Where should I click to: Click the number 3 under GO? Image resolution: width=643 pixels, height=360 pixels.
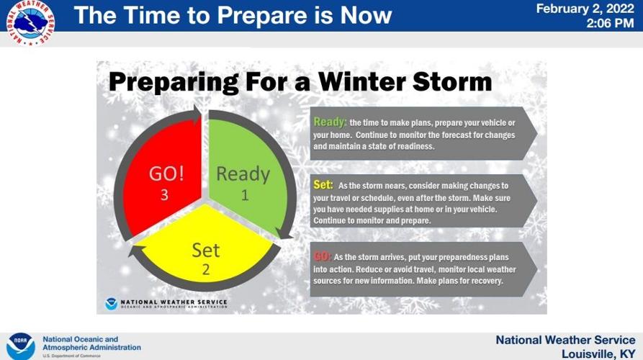(164, 195)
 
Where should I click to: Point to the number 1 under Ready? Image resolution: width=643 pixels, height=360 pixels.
(245, 195)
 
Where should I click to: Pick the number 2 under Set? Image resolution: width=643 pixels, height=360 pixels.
(206, 269)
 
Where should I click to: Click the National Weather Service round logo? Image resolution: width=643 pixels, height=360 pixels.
(30, 22)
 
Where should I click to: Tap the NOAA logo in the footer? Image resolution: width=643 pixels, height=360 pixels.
(20, 346)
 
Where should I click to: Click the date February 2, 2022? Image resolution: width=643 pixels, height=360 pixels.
(585, 9)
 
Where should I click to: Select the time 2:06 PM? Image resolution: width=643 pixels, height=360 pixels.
(610, 23)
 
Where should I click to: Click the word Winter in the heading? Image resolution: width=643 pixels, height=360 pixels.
(362, 81)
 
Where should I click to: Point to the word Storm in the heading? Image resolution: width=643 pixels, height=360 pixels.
(452, 81)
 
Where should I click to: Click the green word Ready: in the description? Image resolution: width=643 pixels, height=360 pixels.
(330, 122)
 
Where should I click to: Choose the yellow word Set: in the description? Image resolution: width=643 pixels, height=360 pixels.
(323, 185)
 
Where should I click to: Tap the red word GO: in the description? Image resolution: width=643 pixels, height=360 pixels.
(323, 256)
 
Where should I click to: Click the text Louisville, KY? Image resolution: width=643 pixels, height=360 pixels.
(598, 354)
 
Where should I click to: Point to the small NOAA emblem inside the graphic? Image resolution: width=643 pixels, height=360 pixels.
(111, 304)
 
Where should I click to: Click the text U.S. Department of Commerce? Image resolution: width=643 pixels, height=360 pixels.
(71, 356)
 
